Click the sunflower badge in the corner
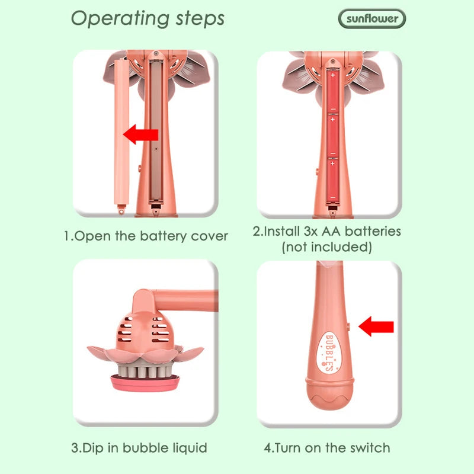coord(372,19)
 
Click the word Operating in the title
coord(120,19)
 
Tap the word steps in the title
coord(200,19)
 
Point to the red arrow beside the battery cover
coord(141,134)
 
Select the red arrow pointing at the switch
coord(376,326)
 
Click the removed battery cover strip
coord(121,136)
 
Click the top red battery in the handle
coord(333,92)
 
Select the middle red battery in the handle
coord(333,136)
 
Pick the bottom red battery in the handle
coord(333,181)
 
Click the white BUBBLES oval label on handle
coord(329,353)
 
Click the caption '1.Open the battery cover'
coord(146,236)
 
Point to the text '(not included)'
coord(327,247)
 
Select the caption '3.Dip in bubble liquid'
coord(139,448)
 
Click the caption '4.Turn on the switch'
coord(327,448)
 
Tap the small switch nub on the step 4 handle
coord(348,326)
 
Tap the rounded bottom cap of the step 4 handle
coord(329,393)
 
